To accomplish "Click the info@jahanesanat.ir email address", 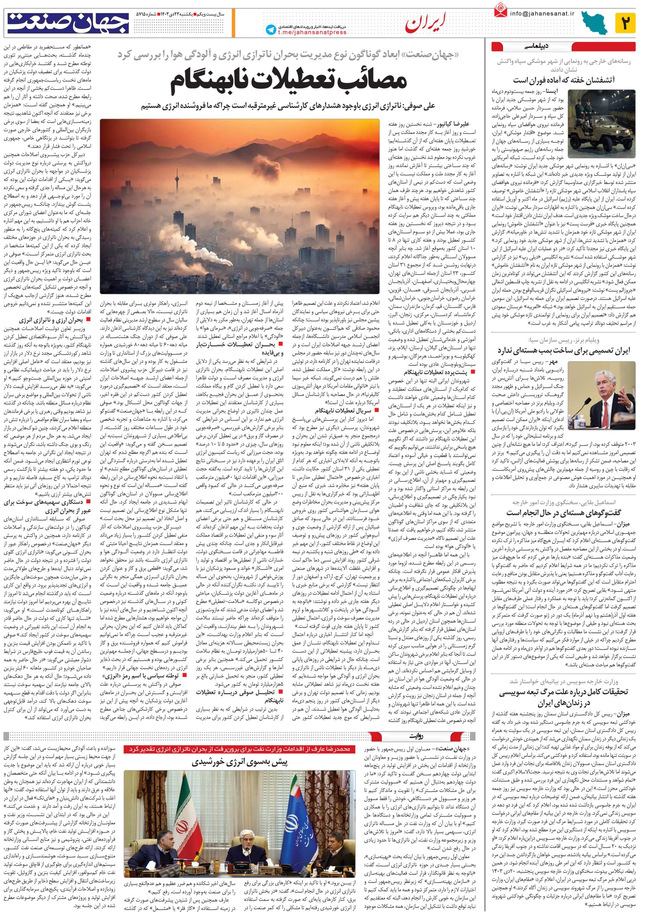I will pos(541,13).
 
